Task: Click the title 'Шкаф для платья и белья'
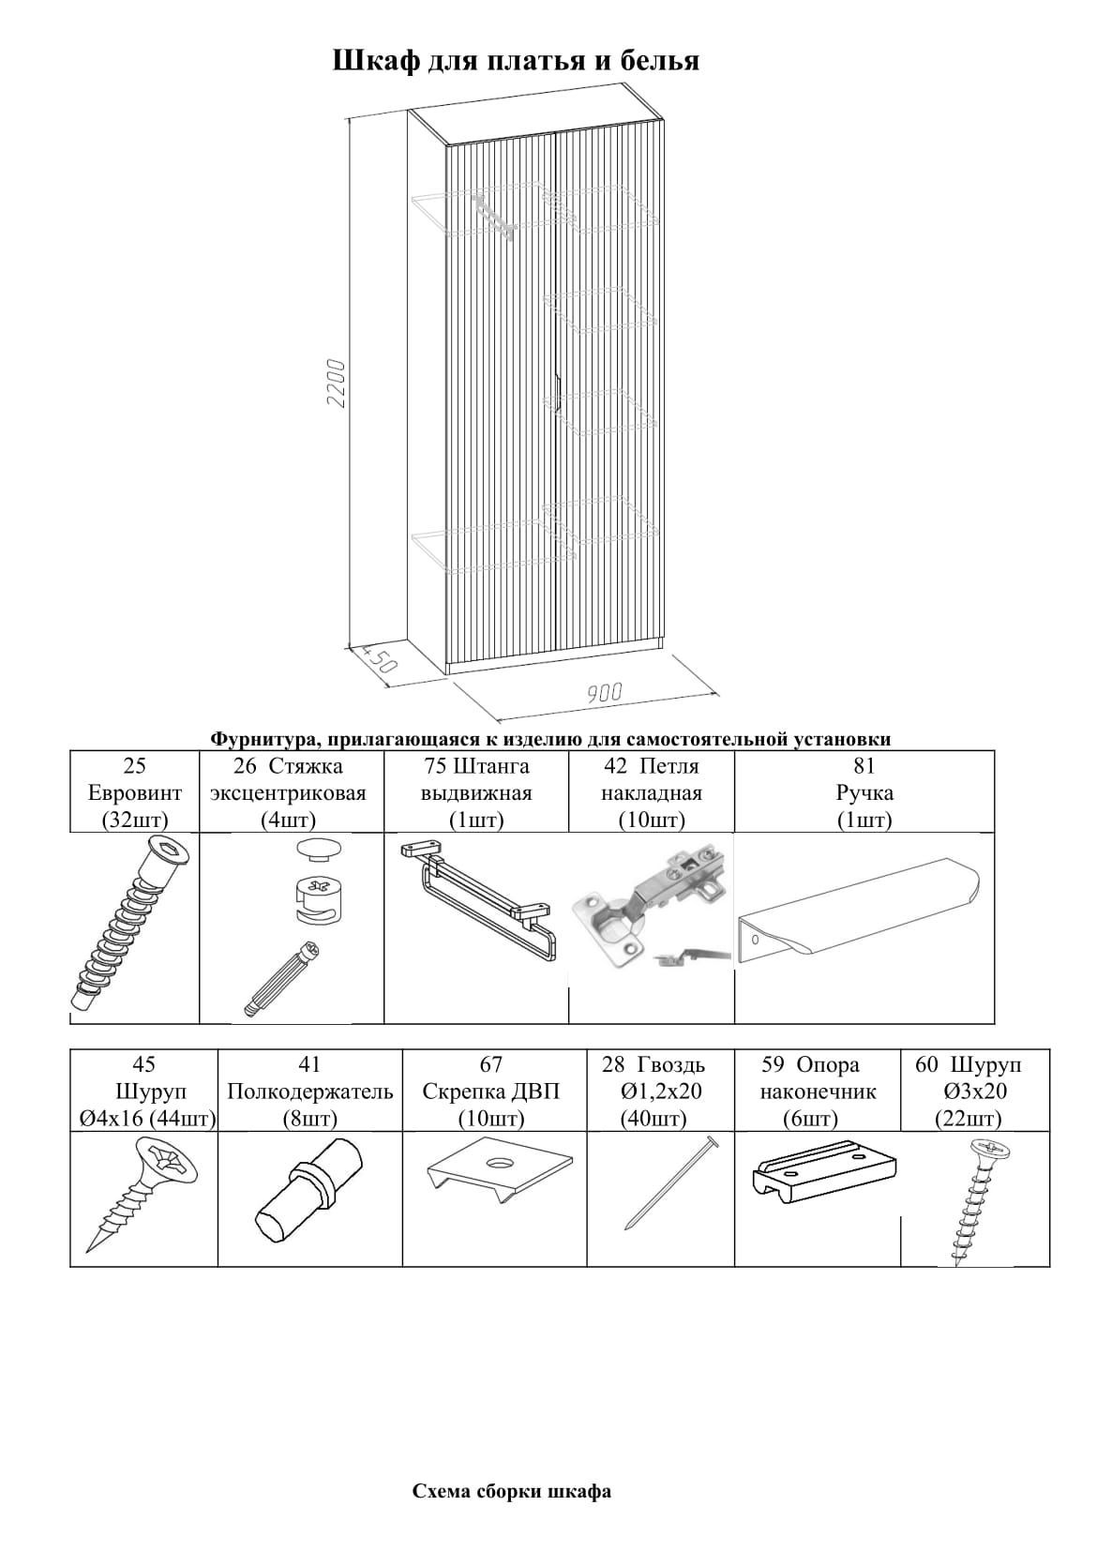coord(516,61)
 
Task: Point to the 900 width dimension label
coord(605,693)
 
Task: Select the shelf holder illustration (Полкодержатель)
coord(308,1195)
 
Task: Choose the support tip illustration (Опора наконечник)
coord(824,1178)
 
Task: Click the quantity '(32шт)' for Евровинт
coord(134,821)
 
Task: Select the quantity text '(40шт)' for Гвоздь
coord(653,1119)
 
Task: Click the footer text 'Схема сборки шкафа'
coord(512,1491)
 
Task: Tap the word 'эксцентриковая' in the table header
coord(288,793)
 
